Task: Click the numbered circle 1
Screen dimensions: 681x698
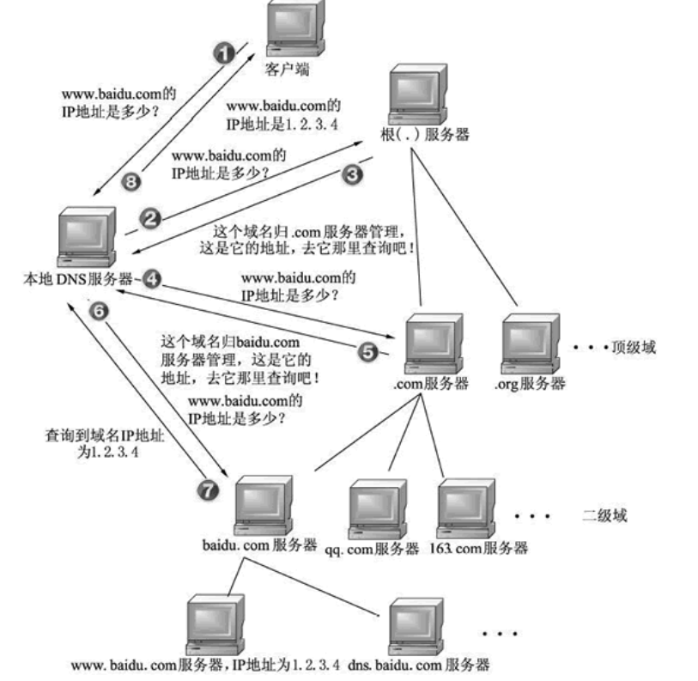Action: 224,54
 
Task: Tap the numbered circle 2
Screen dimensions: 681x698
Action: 151,219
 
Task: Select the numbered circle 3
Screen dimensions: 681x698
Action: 353,173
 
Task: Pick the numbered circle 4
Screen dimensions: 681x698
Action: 152,278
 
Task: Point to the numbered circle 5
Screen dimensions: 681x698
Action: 367,352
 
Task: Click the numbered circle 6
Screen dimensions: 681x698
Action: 99,312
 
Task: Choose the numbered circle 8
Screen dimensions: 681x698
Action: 132,181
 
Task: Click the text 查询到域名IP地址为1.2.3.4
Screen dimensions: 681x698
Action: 96,441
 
